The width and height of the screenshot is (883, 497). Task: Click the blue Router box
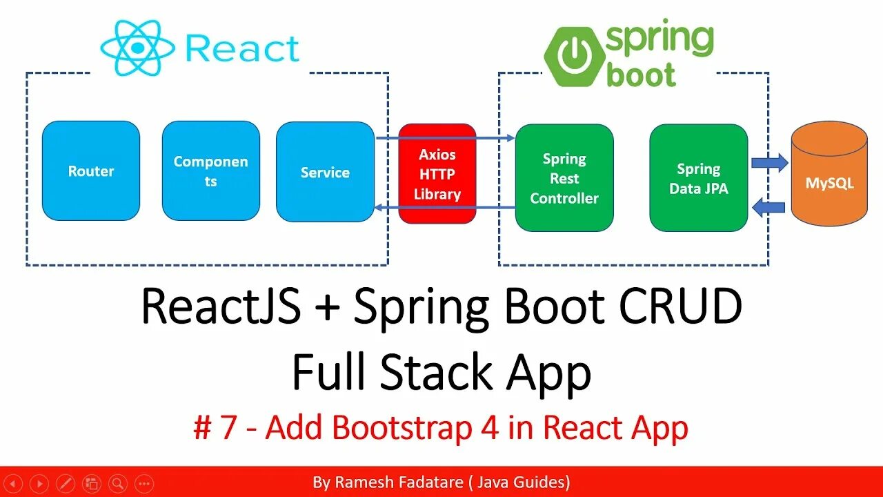click(91, 171)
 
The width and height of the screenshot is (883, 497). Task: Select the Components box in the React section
click(210, 171)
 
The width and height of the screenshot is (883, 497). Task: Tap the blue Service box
click(325, 173)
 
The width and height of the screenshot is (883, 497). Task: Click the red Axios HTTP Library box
click(437, 174)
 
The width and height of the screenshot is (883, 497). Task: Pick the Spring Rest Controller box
click(564, 178)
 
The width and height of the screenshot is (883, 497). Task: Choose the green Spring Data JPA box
click(698, 178)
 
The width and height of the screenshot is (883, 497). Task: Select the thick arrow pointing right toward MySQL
click(769, 163)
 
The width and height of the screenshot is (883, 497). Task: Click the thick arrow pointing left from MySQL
click(768, 206)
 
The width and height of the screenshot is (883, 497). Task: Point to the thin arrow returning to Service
click(445, 207)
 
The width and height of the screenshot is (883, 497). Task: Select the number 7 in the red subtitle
click(228, 428)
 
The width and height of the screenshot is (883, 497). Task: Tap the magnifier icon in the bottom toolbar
click(118, 483)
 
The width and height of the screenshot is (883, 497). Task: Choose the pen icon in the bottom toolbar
click(66, 483)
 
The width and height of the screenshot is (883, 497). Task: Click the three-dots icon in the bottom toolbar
click(143, 483)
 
